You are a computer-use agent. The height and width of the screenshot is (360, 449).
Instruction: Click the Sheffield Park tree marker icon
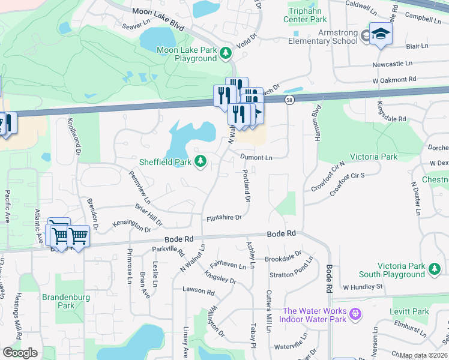click(201, 161)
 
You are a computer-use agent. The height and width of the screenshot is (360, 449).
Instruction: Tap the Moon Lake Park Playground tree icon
click(226, 54)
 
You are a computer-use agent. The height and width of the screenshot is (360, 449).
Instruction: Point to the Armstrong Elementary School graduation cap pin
click(380, 34)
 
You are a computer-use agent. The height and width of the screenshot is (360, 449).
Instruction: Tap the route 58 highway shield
click(290, 100)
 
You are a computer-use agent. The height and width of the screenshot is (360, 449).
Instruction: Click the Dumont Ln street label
click(256, 158)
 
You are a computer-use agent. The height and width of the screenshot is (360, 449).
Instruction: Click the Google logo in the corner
click(20, 353)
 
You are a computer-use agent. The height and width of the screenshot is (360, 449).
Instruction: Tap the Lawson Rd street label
click(199, 292)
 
